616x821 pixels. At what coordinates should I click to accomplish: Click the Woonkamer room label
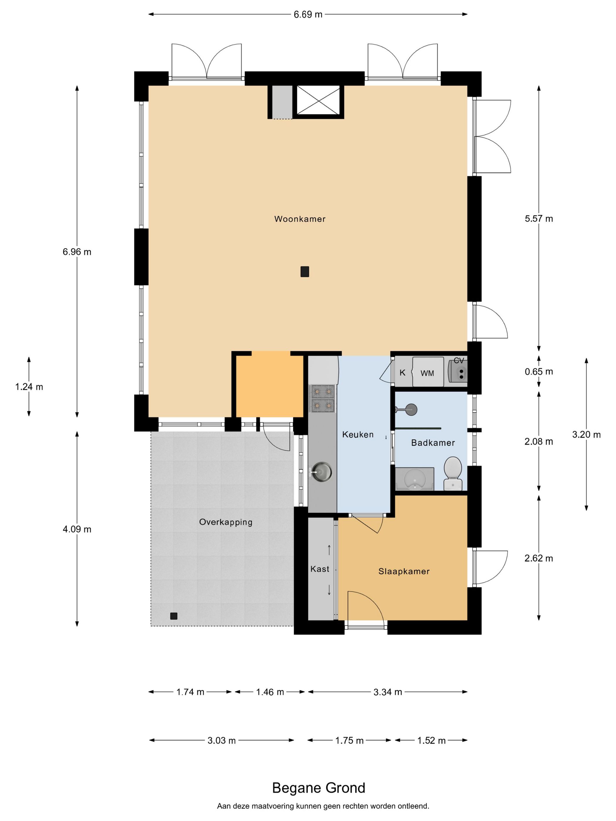click(x=300, y=219)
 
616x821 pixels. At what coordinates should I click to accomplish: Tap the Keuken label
click(x=358, y=434)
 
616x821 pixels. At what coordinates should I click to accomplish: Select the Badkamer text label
click(x=433, y=442)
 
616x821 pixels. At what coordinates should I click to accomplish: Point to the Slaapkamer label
click(x=404, y=571)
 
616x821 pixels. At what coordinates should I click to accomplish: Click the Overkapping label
click(x=226, y=522)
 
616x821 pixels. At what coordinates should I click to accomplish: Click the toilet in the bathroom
click(x=453, y=473)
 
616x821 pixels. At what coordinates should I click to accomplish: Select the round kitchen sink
click(x=321, y=472)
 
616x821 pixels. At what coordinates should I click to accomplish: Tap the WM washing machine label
click(x=427, y=373)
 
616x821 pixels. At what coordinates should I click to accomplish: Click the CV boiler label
click(x=459, y=361)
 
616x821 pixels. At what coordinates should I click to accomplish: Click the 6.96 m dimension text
click(x=77, y=252)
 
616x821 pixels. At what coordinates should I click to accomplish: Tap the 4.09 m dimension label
click(x=77, y=529)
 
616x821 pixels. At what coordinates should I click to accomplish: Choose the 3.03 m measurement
click(x=222, y=740)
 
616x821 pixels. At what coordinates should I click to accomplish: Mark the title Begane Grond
click(x=319, y=788)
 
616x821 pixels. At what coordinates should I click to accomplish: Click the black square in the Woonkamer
click(x=305, y=272)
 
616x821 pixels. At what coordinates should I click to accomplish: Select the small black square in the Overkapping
click(x=173, y=616)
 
